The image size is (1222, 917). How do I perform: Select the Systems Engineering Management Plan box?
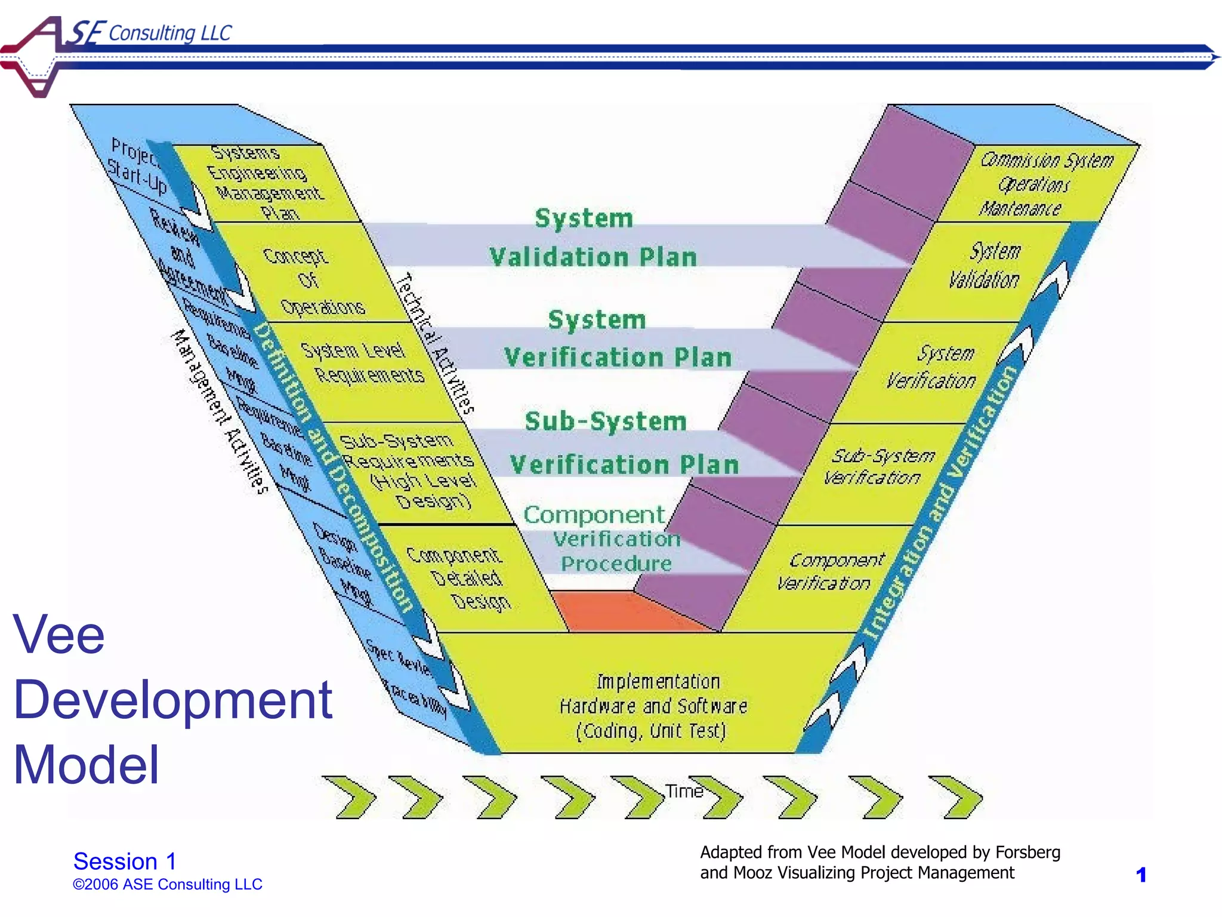point(269,182)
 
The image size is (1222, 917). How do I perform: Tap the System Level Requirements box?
point(364,364)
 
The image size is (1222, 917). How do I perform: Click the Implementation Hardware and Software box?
point(653,704)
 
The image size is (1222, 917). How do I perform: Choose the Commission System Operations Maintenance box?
point(1041,184)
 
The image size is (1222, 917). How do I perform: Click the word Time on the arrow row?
point(684,791)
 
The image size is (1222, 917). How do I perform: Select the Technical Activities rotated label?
point(436,343)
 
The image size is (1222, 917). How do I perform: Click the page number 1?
point(1141,875)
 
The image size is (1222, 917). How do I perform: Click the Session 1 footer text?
point(125,861)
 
